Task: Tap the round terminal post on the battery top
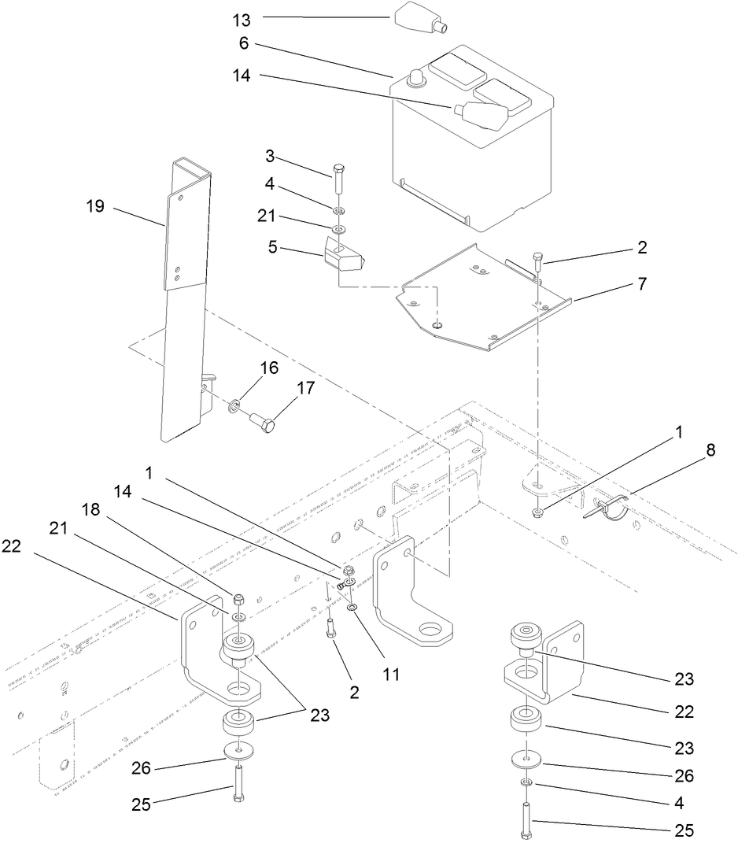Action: click(415, 78)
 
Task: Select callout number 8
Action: click(688, 452)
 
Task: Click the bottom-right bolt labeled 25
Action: click(526, 818)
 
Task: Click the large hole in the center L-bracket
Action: click(430, 629)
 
